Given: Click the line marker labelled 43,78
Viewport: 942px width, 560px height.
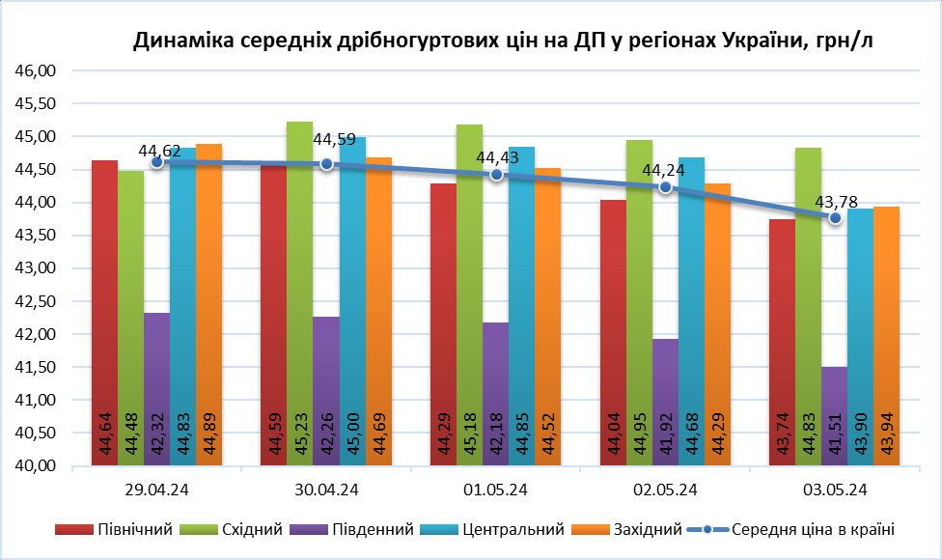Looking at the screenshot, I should point(836,218).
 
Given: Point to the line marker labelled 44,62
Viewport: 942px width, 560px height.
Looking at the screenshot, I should point(156,162).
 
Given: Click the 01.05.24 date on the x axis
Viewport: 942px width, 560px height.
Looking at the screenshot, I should point(496,490).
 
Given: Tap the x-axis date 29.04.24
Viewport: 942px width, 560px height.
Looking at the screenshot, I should point(156,490).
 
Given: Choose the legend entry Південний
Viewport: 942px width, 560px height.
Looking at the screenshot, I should point(371,529).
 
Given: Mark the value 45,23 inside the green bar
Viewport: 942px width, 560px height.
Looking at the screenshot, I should point(300,431).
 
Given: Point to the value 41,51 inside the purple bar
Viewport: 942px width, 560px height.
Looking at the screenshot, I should point(835,431).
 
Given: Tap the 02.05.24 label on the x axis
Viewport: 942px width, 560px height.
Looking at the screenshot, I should point(666,490).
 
